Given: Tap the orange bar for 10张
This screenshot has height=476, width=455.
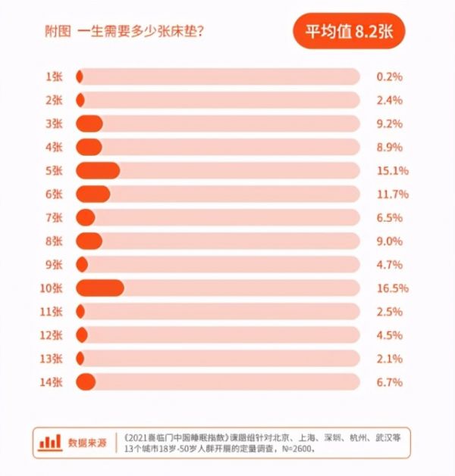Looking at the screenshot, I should [100, 288].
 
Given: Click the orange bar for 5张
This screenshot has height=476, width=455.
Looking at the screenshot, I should [98, 170].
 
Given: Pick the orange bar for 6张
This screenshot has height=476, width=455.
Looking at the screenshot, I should [93, 194].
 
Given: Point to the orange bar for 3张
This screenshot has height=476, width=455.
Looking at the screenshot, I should [89, 123].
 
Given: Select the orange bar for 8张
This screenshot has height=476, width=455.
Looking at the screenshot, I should [89, 241].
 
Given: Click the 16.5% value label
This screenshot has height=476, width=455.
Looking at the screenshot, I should [392, 288].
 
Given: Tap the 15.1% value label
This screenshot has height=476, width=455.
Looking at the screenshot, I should [392, 170].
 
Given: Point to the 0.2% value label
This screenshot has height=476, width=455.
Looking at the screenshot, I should [389, 76].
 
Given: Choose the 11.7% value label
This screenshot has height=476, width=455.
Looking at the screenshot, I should [392, 194].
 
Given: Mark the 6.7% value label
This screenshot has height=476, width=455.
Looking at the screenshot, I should [389, 381].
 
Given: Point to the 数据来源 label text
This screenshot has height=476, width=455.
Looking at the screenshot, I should [87, 442].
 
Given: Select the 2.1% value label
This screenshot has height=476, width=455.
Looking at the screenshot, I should [389, 358].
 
